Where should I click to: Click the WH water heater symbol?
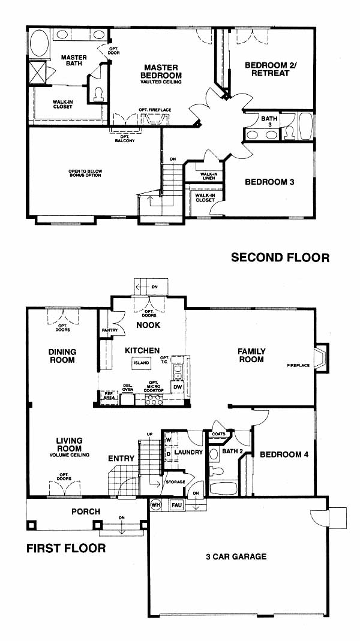pos(155,504)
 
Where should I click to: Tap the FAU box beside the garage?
pos(176,505)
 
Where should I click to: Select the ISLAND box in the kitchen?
pos(142,362)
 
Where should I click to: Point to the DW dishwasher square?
pos(178,387)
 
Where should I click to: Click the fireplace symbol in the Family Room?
pos(321,358)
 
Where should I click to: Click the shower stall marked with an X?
pos(37,72)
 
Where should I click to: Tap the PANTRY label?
pos(110,330)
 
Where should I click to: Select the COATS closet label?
pos(218,434)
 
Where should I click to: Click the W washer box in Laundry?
pos(169,440)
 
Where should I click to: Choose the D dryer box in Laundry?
pos(169,454)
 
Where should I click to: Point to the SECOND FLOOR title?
pos(280,258)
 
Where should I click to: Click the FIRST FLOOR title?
pos(66,548)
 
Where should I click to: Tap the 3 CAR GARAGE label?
pos(236,556)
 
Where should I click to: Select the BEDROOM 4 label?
pos(284,454)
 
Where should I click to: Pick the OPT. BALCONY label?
pos(126,139)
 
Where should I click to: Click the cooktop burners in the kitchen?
pos(154,399)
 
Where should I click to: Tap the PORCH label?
pos(86,511)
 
